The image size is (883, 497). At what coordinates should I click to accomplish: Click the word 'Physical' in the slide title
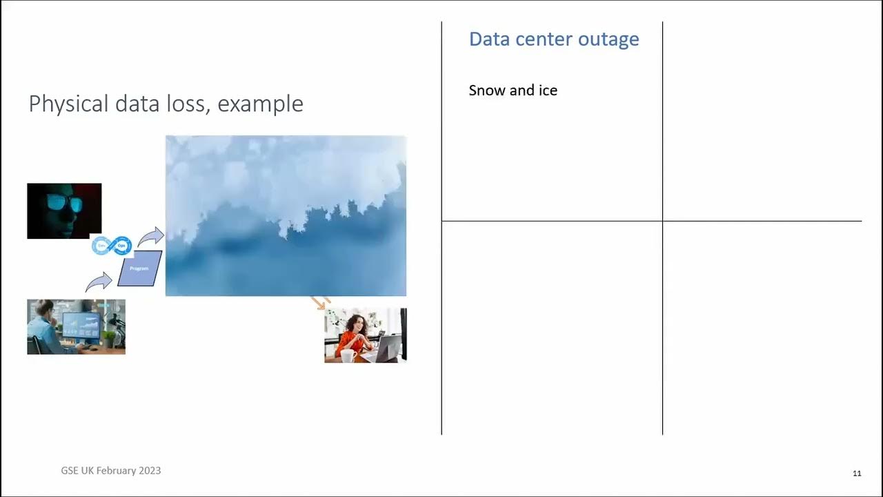(68, 104)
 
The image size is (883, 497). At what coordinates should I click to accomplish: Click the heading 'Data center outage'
(554, 39)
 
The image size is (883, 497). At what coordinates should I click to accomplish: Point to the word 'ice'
(548, 90)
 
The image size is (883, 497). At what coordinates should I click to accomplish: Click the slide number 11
(857, 474)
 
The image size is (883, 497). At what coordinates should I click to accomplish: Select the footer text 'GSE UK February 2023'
(110, 471)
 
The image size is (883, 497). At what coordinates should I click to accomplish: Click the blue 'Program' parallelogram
(139, 269)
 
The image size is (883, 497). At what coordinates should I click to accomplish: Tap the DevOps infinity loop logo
(112, 245)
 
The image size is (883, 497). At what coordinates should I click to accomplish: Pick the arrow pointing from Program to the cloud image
(150, 237)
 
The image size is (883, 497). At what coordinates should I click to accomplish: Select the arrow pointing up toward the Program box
(99, 282)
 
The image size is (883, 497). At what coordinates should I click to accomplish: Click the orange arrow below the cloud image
(319, 302)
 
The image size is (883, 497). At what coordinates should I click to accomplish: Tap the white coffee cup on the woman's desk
(348, 355)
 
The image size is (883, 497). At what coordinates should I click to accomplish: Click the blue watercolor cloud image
(286, 216)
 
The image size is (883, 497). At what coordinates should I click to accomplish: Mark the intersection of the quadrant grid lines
(662, 222)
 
